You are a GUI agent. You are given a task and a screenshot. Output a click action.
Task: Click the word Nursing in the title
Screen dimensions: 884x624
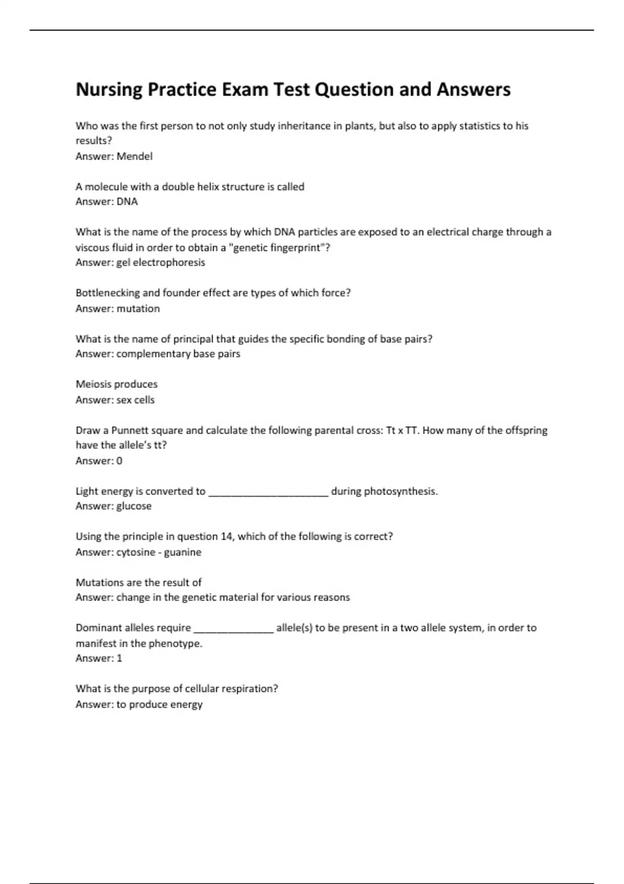click(109, 90)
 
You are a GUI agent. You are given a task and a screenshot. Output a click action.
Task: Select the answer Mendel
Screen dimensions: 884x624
click(134, 156)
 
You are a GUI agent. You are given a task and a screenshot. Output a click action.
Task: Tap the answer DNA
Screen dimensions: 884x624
click(127, 202)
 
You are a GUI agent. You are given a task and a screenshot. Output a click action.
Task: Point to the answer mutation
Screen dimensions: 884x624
click(138, 308)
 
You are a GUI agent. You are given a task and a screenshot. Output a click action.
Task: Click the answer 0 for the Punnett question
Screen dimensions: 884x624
click(119, 461)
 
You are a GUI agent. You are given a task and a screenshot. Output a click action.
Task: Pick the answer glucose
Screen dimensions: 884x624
click(134, 506)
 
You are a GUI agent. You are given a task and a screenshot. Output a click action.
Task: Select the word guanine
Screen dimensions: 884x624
click(183, 552)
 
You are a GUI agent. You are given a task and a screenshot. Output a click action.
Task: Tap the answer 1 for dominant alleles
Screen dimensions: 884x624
click(119, 658)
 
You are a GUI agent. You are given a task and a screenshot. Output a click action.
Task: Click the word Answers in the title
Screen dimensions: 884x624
click(473, 90)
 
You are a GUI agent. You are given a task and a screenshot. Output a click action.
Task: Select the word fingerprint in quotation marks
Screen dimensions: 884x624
click(295, 248)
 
